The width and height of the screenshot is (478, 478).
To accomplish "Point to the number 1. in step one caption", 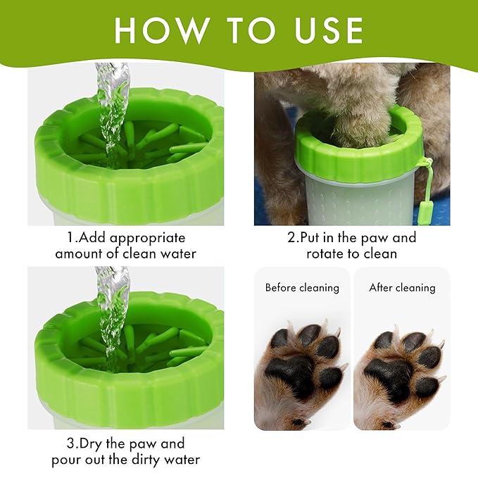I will coord(70,238).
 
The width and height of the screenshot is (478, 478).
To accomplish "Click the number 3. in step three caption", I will coord(70,444).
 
